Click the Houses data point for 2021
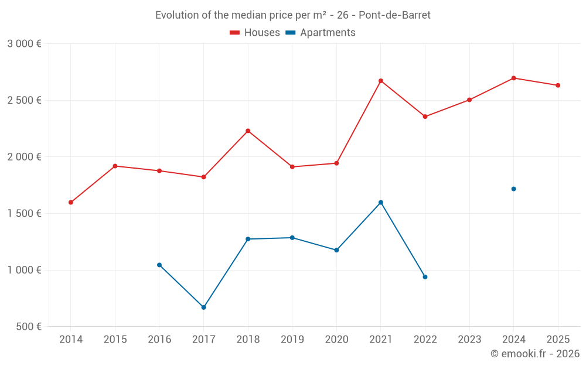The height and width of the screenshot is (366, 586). [381, 81]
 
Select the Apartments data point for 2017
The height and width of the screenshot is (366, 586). [203, 307]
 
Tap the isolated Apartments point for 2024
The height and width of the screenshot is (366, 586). [514, 189]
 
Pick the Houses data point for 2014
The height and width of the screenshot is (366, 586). [71, 203]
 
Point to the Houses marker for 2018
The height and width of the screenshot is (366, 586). [248, 131]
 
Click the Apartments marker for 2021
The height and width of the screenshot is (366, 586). [381, 203]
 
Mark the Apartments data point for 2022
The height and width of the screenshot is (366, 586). [425, 277]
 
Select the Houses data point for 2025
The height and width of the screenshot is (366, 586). [558, 85]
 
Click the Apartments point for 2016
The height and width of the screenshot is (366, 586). [159, 265]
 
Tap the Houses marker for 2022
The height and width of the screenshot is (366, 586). [425, 117]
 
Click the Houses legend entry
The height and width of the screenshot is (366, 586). [255, 33]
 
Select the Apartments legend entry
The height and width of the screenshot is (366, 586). [321, 33]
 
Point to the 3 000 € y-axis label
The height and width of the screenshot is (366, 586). [24, 44]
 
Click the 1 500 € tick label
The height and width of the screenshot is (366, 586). [24, 214]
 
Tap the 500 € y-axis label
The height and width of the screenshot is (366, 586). [28, 327]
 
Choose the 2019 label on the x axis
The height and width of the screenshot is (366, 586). [292, 340]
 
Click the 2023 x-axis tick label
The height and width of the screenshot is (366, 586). [469, 340]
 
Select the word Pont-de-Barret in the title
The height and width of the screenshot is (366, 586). [394, 15]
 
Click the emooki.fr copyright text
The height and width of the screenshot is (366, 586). [535, 354]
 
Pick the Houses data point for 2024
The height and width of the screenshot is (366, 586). [514, 78]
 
